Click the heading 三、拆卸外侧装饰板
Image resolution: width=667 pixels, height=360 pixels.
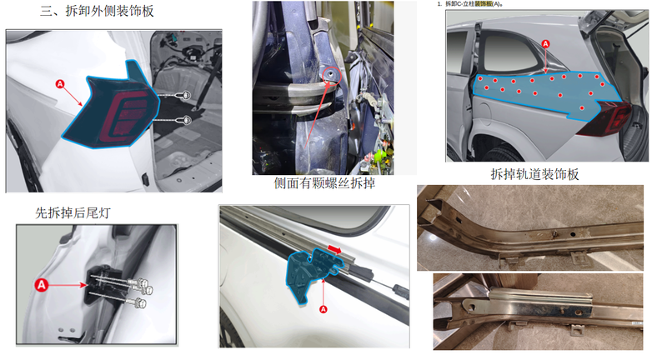point(97,11)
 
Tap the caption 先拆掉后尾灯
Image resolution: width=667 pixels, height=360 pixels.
point(73,212)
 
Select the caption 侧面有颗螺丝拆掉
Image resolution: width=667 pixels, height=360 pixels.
point(324,183)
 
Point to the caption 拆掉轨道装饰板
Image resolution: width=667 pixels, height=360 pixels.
point(534,174)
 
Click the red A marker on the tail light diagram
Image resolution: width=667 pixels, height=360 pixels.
point(60,84)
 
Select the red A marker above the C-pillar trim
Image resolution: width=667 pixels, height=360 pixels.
point(546,44)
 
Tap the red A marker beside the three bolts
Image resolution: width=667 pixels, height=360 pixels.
point(41,285)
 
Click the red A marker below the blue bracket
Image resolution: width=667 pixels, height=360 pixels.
point(323,309)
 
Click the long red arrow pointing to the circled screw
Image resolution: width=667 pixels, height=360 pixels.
point(317,115)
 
